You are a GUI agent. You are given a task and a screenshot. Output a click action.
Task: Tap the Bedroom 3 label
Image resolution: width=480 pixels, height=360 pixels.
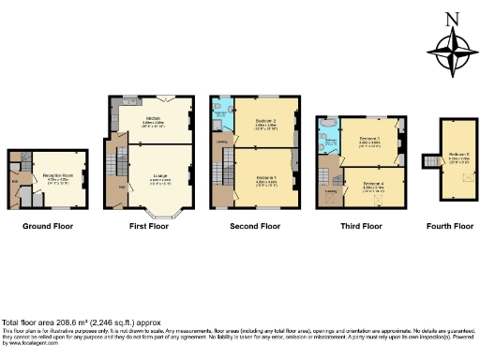pyautogui.click(x=369, y=140)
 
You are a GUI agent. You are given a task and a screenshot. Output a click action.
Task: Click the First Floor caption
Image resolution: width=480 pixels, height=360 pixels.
pyautogui.click(x=148, y=226)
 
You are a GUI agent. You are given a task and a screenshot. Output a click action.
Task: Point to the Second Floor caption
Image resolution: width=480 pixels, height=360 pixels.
pyautogui.click(x=256, y=226)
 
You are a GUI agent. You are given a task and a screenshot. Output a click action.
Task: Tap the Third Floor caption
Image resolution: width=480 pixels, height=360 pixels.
pyautogui.click(x=360, y=226)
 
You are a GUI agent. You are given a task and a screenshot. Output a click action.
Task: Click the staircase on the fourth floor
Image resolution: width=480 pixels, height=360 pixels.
pyautogui.click(x=430, y=162)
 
